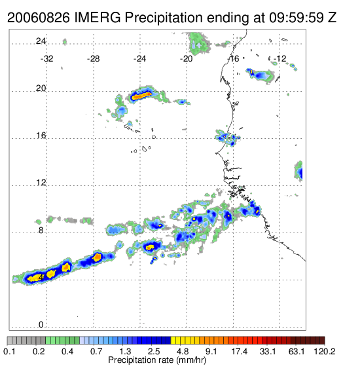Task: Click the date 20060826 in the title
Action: coord(39,18)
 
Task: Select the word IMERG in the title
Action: coord(98,18)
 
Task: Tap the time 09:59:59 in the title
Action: coord(297,18)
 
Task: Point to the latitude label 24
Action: coord(41,41)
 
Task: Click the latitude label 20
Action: coord(41,88)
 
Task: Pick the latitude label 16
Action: coord(41,136)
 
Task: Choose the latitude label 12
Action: coord(41,183)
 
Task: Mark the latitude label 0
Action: coord(41,324)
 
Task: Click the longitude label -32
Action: coord(46,59)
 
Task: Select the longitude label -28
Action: coord(93,59)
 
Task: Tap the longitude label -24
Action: coord(139,59)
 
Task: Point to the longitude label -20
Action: coord(186,59)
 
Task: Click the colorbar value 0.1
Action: coord(9,351)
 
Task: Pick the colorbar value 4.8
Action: coord(183,351)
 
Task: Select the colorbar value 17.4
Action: coord(240,351)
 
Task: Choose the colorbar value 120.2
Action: coord(325,351)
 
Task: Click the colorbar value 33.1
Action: coord(268,351)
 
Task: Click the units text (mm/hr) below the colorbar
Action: coord(191,360)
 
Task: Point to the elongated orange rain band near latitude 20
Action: coord(142,96)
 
